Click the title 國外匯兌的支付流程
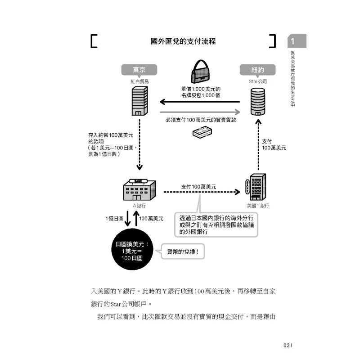pyautogui.click(x=183, y=41)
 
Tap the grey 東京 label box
pyautogui.click(x=139, y=70)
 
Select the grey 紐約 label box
pyautogui.click(x=258, y=70)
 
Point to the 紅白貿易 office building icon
pyautogui.click(x=139, y=102)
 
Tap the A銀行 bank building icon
pyautogui.click(x=139, y=189)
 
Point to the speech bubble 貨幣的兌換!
pyautogui.click(x=182, y=252)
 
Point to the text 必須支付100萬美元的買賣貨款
pyautogui.click(x=201, y=121)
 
